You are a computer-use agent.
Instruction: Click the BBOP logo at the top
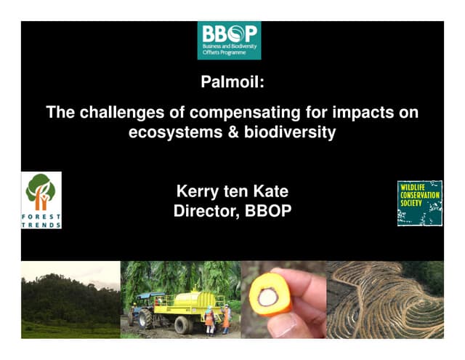[x=229, y=40]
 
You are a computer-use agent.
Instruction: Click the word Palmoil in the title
[x=232, y=82]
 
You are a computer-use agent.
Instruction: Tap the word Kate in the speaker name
[x=270, y=193]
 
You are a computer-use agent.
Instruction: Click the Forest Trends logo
[x=41, y=200]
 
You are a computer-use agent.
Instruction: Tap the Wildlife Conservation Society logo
[x=419, y=203]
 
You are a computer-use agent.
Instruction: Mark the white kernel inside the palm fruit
[x=267, y=295]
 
